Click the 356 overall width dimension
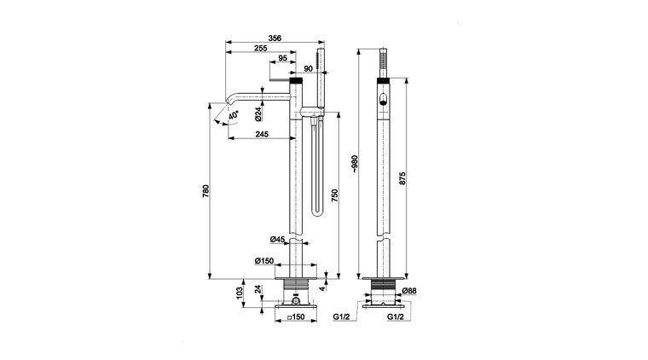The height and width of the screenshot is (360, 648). click(x=275, y=38)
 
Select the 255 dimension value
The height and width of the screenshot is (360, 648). click(x=261, y=48)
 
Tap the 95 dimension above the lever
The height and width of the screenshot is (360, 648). click(x=283, y=58)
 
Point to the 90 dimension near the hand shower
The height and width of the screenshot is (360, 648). click(x=309, y=68)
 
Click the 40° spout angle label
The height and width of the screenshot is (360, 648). click(x=234, y=115)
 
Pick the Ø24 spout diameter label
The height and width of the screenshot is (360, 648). click(x=257, y=114)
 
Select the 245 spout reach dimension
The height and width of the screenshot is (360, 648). click(x=262, y=134)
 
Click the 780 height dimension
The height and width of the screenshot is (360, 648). click(x=206, y=191)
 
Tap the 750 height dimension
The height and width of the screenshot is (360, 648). click(x=335, y=195)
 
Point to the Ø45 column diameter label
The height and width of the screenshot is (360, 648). click(x=278, y=240)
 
